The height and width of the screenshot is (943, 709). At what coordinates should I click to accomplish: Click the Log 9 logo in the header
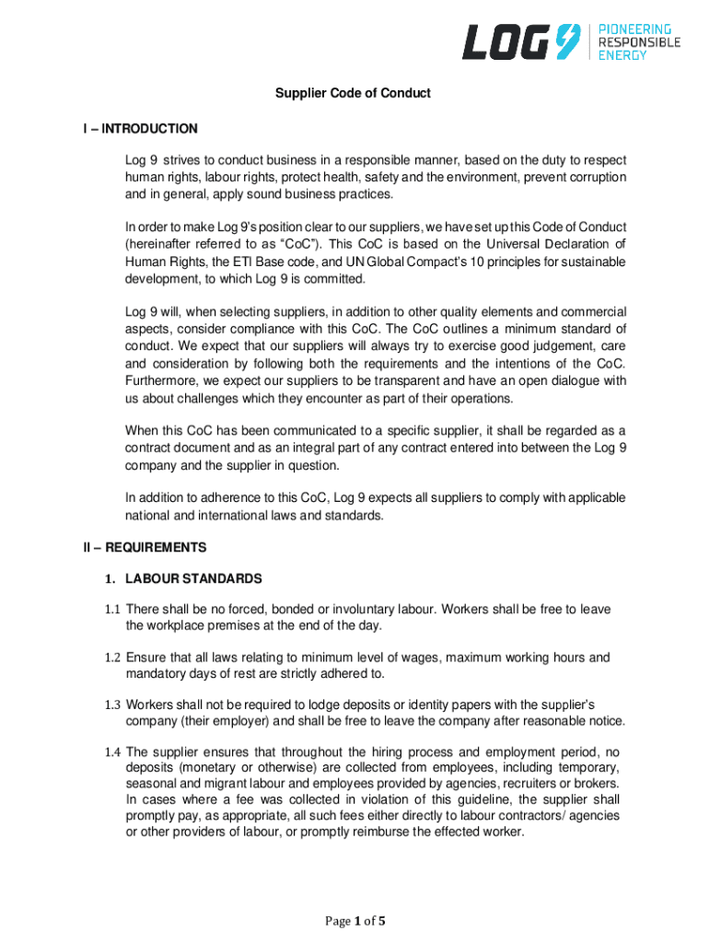(x=521, y=41)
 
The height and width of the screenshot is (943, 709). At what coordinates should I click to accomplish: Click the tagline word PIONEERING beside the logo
(x=635, y=29)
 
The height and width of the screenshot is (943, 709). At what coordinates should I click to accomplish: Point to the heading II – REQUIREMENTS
(x=142, y=547)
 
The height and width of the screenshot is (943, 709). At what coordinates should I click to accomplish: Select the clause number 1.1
(x=112, y=610)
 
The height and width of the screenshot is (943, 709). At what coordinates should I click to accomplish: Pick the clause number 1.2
(x=112, y=658)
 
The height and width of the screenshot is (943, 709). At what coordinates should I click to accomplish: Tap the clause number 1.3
(x=112, y=704)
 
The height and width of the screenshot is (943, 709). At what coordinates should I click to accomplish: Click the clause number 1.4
(x=112, y=751)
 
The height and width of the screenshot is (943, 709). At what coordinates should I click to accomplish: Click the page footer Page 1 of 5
(x=354, y=921)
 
